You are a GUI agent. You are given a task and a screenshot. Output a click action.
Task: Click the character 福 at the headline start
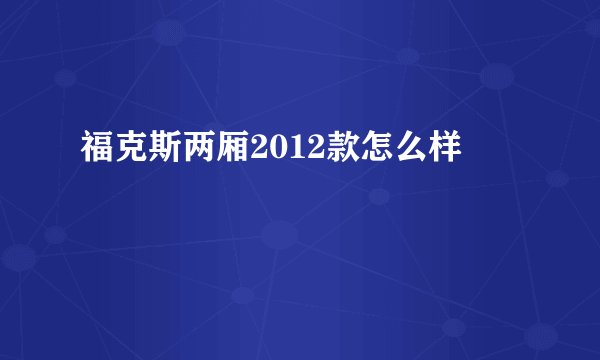[96, 152]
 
